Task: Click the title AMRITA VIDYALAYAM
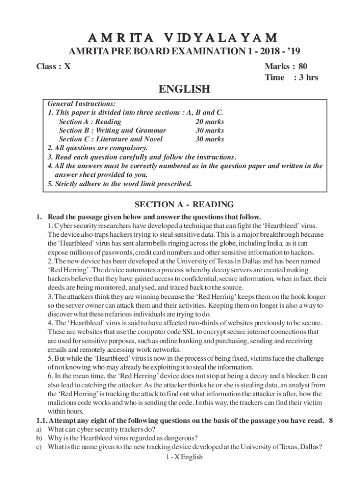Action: coord(180,37)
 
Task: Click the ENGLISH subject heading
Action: coord(180,89)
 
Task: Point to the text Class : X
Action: coord(54,66)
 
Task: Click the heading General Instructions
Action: coord(82,104)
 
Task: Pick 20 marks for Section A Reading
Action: coord(209,122)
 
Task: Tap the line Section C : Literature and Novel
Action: coord(111,139)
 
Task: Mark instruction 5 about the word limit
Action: coord(120,184)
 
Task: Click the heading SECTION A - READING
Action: coord(184,204)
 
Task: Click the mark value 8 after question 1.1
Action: coord(331,421)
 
